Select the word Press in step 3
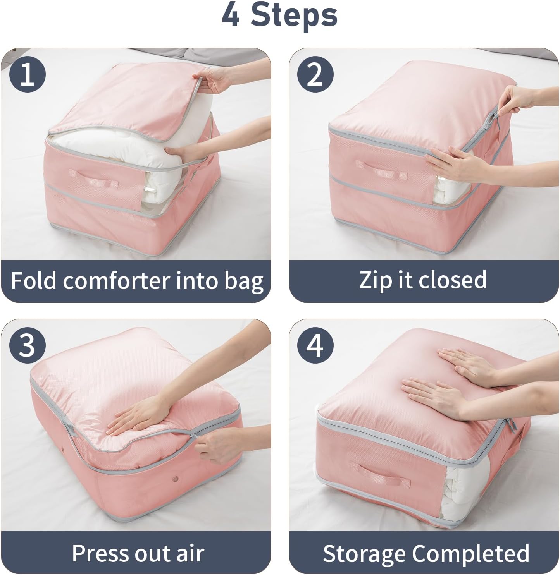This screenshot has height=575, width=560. click(102, 553)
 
